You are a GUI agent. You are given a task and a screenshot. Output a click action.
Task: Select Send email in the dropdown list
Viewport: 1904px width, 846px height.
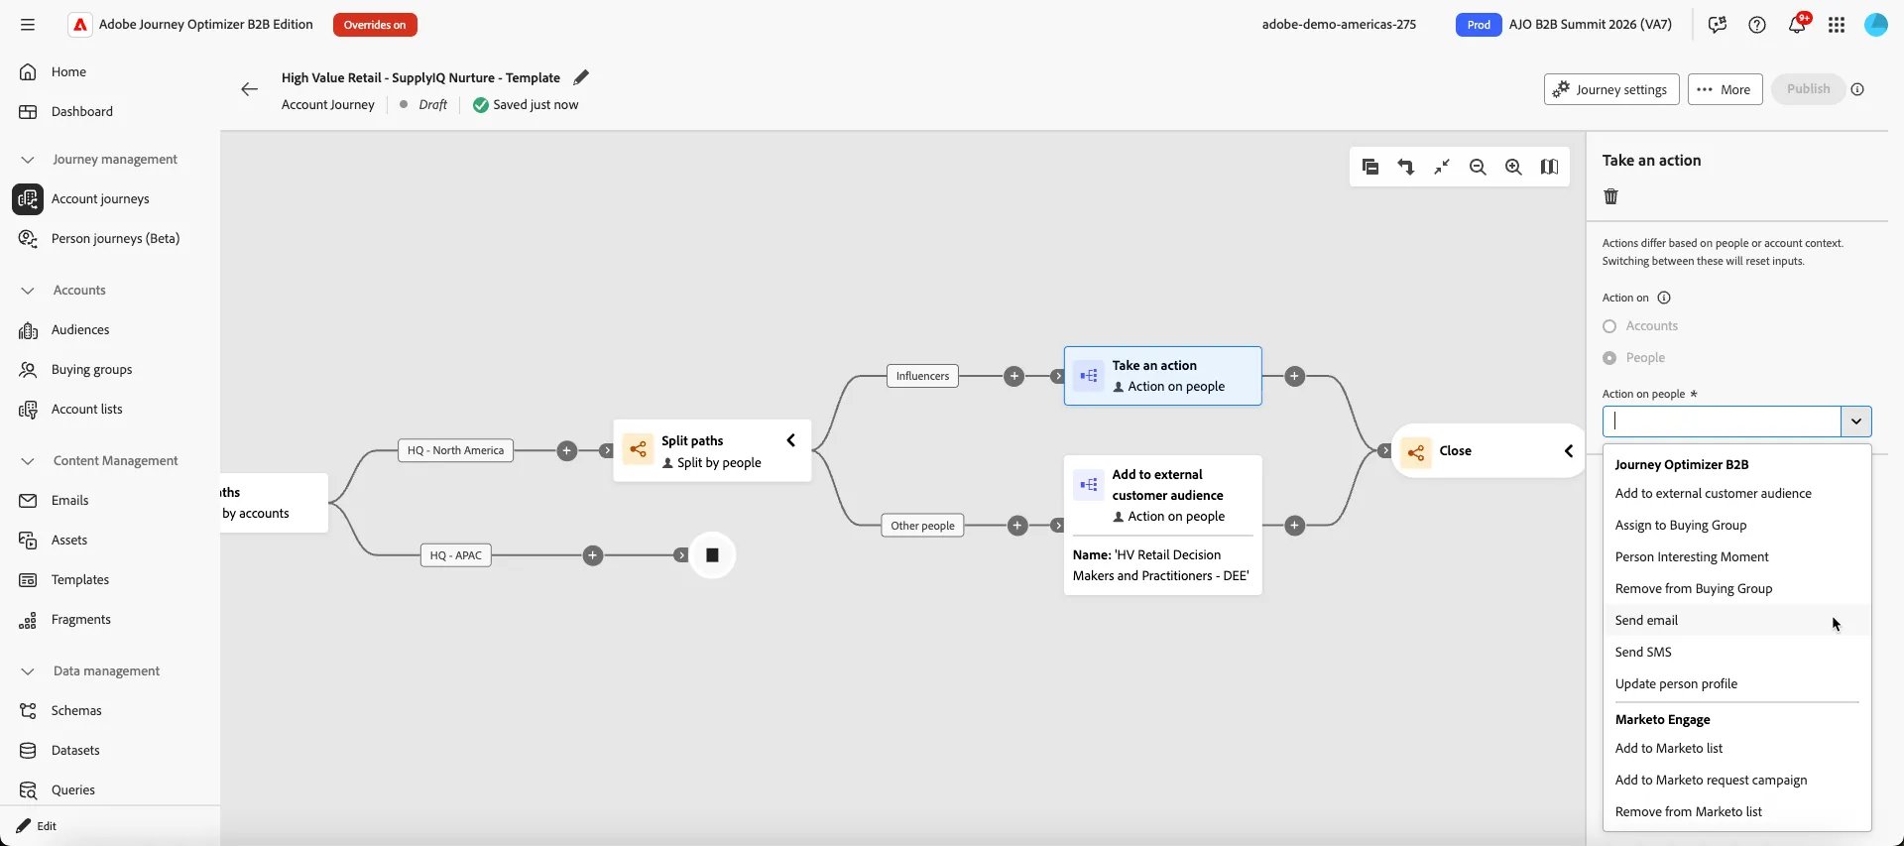1646,620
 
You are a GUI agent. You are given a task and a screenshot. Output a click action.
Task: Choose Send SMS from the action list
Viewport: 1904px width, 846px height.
1643,652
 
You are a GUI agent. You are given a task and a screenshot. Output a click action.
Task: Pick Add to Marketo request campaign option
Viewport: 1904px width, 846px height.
1711,780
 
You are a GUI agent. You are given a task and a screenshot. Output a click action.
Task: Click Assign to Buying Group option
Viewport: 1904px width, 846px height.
1681,525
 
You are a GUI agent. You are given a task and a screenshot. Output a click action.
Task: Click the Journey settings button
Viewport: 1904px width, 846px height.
1611,89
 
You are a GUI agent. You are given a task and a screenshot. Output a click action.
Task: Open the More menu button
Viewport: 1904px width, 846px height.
1725,89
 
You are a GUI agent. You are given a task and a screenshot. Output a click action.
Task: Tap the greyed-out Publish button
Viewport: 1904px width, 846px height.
1808,89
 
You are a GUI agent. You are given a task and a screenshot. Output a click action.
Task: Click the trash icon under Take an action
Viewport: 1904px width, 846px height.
1610,196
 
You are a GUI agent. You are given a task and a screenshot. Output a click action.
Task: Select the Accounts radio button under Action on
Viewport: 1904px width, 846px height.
1609,326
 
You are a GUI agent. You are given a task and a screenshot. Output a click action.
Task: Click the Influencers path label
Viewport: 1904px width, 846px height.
922,376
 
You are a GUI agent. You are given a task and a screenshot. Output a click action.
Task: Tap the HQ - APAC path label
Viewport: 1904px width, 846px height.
456,555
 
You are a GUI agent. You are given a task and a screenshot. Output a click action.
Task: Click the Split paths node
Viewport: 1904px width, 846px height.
712,451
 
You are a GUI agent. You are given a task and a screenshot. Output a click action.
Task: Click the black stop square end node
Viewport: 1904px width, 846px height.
712,555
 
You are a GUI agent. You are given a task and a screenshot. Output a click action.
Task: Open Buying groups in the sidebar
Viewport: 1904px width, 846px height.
91,369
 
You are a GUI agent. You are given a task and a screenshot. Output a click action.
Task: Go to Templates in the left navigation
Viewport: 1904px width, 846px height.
80,579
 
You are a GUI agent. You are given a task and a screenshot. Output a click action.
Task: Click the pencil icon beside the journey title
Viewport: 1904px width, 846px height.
581,77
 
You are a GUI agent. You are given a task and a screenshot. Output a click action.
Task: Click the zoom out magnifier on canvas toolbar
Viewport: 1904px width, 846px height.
1478,167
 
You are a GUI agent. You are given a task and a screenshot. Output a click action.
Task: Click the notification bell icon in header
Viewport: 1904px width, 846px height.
1797,25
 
